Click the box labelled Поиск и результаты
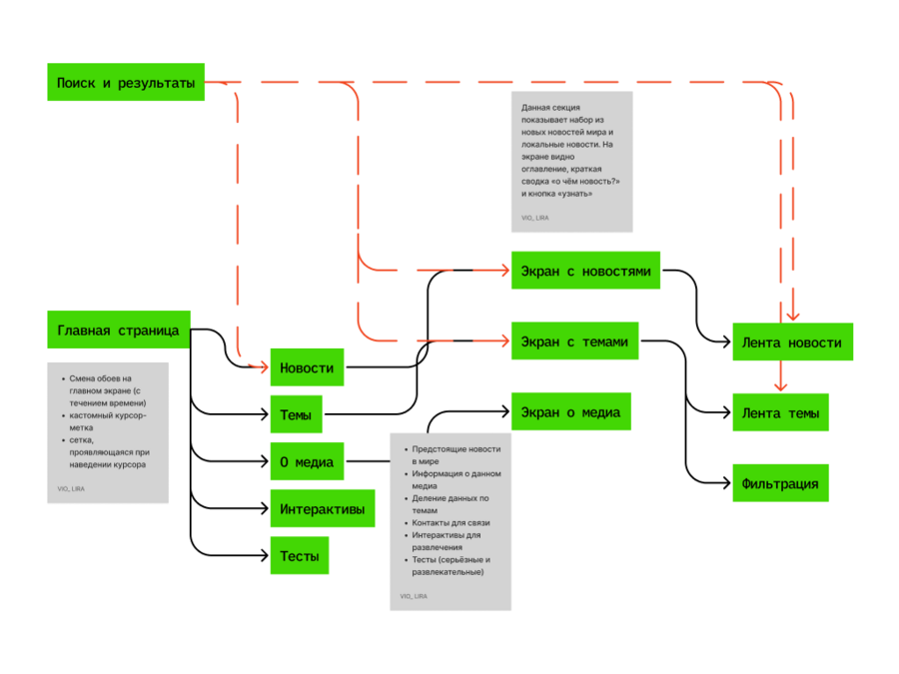(x=126, y=82)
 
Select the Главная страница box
(x=119, y=330)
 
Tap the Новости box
(x=307, y=367)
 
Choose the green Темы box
(x=296, y=414)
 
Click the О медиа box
(x=307, y=461)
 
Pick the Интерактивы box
(x=323, y=508)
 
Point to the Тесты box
(x=300, y=555)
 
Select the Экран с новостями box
(x=585, y=270)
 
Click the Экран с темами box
(x=574, y=341)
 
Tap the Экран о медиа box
(x=571, y=411)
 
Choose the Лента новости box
(x=792, y=342)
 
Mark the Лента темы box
(x=780, y=412)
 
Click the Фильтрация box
(x=780, y=483)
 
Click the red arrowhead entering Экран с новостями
(x=504, y=270)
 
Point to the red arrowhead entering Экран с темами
(x=504, y=341)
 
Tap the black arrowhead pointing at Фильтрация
(x=725, y=483)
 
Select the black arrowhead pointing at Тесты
(x=263, y=555)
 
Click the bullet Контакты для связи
(x=450, y=522)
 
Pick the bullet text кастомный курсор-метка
(x=108, y=421)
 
